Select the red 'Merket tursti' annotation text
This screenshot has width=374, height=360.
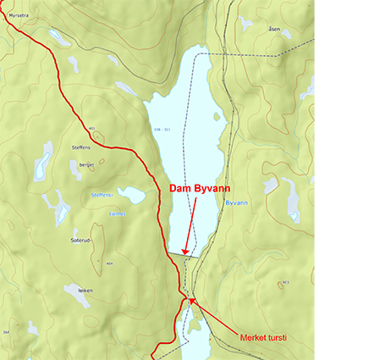(x=264, y=337)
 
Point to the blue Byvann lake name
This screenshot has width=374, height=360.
(x=236, y=203)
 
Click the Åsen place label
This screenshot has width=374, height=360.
(x=273, y=28)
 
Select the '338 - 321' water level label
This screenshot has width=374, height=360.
(x=175, y=130)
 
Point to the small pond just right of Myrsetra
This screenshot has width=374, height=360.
(x=59, y=36)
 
